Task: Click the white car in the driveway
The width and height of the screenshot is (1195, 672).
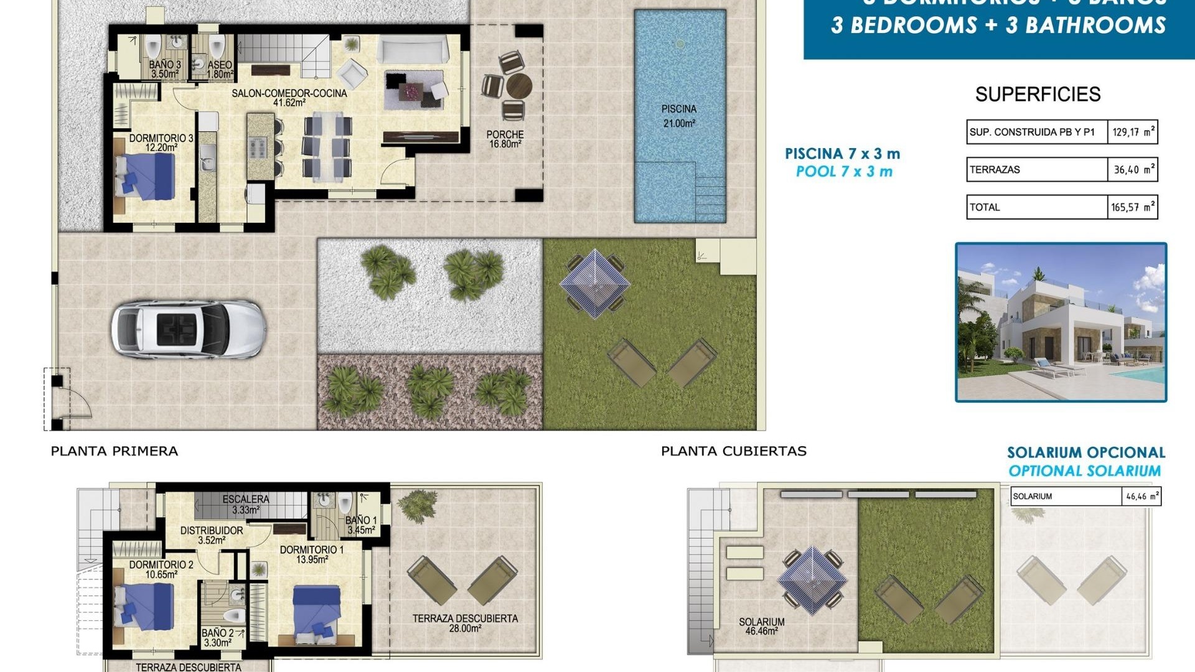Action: coord(189,330)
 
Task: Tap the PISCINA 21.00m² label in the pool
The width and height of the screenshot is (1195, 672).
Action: coord(679,116)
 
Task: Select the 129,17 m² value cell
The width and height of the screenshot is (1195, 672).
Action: coord(1132,132)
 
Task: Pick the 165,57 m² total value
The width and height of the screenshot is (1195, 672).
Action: coord(1132,207)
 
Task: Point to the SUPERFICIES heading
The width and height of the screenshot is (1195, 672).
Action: coord(1038,95)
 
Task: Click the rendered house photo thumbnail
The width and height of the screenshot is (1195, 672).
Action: coord(1061,322)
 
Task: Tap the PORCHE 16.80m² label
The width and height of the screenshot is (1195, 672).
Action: coord(505,139)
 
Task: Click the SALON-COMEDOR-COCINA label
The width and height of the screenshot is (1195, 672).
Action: coord(289,98)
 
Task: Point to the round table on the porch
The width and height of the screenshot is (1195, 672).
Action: coord(518,86)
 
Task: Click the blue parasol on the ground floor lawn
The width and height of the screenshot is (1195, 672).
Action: coord(594,283)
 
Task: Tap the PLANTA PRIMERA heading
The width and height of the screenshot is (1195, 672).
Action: coord(115,451)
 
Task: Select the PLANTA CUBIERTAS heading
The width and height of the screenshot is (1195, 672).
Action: coord(733,451)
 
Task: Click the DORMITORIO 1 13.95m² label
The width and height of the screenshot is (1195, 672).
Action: coord(312,554)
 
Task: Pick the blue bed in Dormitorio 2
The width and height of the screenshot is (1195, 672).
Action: coord(146,605)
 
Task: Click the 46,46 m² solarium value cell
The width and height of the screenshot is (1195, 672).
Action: coord(1141,497)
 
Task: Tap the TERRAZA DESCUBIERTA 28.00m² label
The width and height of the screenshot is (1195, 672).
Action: coord(465,623)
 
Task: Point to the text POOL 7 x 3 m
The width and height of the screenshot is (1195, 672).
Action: coord(844,172)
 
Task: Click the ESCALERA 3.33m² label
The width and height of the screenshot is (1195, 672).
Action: coord(246,504)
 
